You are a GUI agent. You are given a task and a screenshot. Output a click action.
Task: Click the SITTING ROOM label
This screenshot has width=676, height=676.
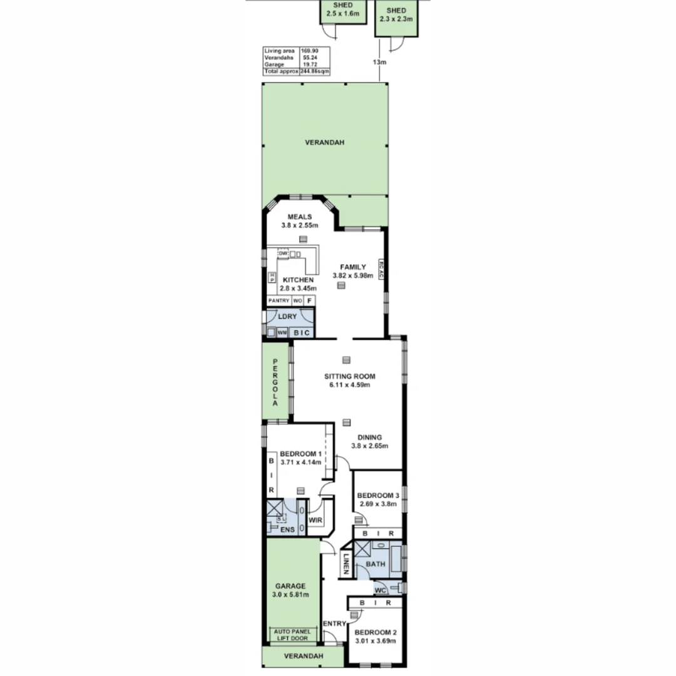pyautogui.click(x=349, y=376)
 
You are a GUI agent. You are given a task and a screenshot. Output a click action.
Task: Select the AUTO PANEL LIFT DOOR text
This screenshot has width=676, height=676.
pyautogui.click(x=291, y=635)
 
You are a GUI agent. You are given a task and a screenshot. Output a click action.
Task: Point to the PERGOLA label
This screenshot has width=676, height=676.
pyautogui.click(x=274, y=382)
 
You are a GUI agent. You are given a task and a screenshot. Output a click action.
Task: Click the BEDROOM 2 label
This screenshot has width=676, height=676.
pyautogui.click(x=375, y=632)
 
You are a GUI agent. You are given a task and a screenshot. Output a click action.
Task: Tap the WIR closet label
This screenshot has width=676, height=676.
pyautogui.click(x=315, y=520)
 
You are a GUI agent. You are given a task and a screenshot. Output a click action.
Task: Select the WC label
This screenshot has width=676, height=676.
pyautogui.click(x=379, y=590)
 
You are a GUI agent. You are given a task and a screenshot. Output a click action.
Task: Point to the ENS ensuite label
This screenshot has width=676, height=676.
pyautogui.click(x=287, y=530)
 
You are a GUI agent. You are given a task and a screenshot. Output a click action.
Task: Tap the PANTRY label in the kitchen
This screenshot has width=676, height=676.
pyautogui.click(x=279, y=301)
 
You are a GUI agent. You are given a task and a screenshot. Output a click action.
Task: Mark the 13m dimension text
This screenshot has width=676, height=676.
pyautogui.click(x=379, y=62)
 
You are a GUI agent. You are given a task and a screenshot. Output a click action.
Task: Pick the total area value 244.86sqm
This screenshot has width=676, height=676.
pyautogui.click(x=315, y=72)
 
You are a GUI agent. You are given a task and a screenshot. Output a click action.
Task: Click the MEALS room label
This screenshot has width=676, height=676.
pyautogui.click(x=299, y=217)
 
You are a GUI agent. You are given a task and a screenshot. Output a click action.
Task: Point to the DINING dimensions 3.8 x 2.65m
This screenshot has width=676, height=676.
pyautogui.click(x=369, y=446)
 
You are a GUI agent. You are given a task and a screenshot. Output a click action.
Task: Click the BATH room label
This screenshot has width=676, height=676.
pyautogui.click(x=376, y=564)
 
